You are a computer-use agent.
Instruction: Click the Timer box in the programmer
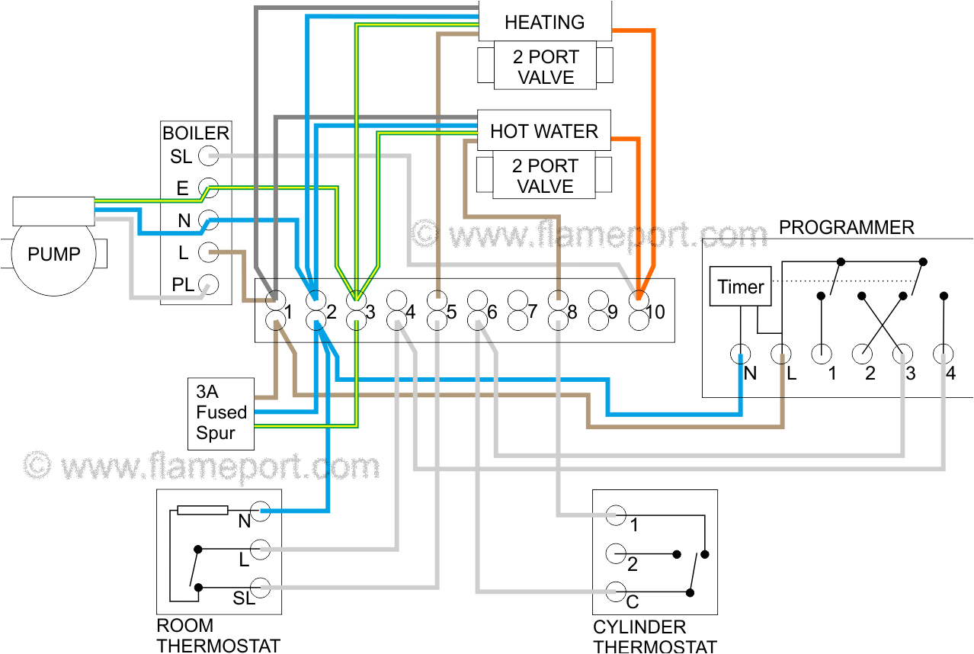point(740,287)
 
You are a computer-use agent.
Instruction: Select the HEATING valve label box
point(544,21)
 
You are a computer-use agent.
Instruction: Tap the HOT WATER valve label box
point(544,131)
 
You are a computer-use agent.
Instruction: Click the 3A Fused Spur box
point(221,412)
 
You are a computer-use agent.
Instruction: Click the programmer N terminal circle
point(740,354)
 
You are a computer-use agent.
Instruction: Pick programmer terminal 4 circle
point(944,354)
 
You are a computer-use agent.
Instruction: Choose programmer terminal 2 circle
point(862,354)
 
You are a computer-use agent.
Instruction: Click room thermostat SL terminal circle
point(261,588)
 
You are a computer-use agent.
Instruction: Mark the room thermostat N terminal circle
point(261,511)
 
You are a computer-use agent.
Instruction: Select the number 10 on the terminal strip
point(655,312)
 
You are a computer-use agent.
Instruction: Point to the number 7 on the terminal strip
point(532,312)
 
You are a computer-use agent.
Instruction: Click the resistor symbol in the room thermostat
point(202,510)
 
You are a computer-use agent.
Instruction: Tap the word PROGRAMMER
point(846,227)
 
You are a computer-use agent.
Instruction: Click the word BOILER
point(196,133)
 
